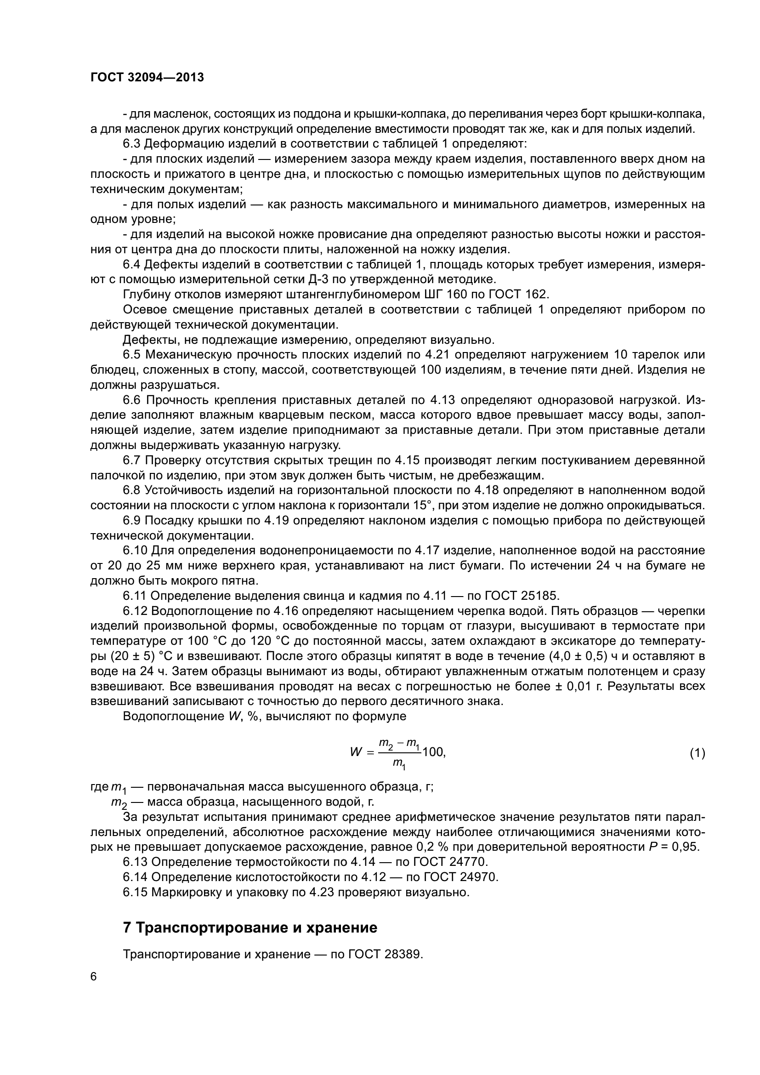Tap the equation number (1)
pyautogui.click(x=698, y=753)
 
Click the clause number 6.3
pyautogui.click(x=131, y=144)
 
